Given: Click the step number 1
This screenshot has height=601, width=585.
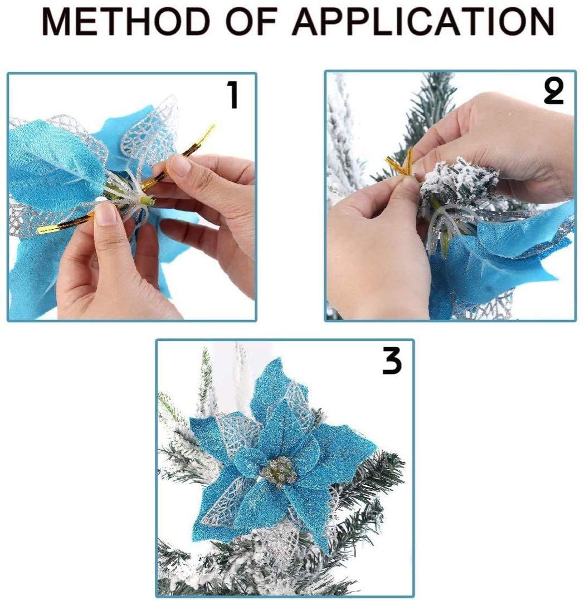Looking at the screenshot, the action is point(233,95).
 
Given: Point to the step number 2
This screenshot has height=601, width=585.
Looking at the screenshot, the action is point(554,92).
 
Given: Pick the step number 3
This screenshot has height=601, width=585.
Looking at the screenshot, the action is point(392,361).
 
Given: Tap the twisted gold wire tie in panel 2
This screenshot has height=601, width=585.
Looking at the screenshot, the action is point(401,164).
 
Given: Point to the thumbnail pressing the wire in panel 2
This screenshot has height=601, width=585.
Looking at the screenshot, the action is point(411,183).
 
